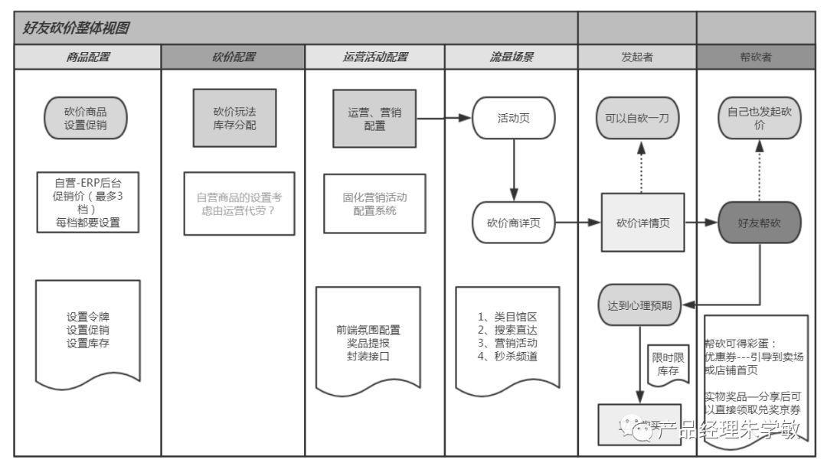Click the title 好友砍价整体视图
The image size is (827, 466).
coord(77,28)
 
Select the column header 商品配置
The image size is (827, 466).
coord(88,57)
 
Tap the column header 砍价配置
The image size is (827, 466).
coord(233,57)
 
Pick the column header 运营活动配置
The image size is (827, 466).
coord(374,57)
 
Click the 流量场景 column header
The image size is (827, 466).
coord(512,57)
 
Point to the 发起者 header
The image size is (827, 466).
coord(637,57)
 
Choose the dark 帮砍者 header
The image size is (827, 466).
coord(756,57)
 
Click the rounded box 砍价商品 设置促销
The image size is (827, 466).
coord(86,119)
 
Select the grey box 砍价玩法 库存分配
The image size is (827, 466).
coord(234,117)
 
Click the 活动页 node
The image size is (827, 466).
coord(513,119)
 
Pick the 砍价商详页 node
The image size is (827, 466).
coord(513,223)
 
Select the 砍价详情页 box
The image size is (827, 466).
coord(642,223)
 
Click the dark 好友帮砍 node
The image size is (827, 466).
coord(759,223)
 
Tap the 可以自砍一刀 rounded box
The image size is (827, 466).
coord(638,119)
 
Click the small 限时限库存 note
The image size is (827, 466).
coord(665,363)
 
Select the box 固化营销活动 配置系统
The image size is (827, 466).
coord(374,204)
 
